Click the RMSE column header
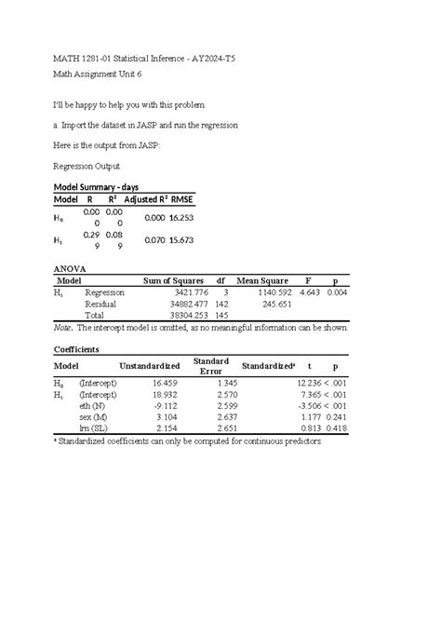tap(180, 200)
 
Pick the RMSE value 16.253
tap(180, 217)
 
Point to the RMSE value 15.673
tap(180, 240)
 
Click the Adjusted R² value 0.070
tap(152, 240)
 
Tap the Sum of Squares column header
tap(172, 280)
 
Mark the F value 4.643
tap(310, 292)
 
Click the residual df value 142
tap(221, 305)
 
